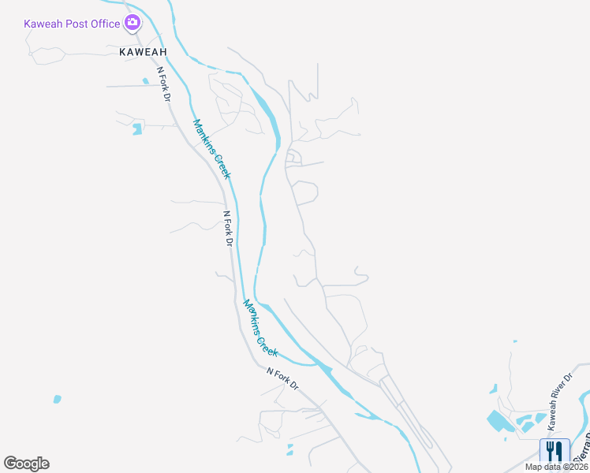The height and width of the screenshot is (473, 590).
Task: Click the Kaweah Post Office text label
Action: coord(72,24)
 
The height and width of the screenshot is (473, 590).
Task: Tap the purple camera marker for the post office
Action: coord(133,23)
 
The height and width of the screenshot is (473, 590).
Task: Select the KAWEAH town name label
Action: coord(144,52)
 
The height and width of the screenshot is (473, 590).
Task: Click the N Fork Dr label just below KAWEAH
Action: coord(164,84)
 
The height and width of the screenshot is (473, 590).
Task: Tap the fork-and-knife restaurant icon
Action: coord(555,452)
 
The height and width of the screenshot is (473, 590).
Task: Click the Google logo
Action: coord(26,464)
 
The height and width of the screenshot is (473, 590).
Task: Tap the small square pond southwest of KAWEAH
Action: coord(137,128)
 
